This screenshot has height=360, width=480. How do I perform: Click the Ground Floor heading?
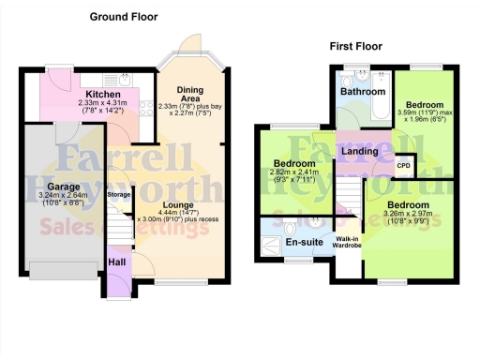(x=124, y=17)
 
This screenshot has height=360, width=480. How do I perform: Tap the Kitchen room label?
(x=101, y=95)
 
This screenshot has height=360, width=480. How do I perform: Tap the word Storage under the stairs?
(x=119, y=194)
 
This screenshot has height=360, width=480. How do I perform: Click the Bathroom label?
(x=363, y=92)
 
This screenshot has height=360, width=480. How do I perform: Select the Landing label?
(x=360, y=150)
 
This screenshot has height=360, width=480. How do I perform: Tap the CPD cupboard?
(x=404, y=165)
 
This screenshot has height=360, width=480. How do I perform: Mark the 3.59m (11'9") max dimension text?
(x=423, y=112)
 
